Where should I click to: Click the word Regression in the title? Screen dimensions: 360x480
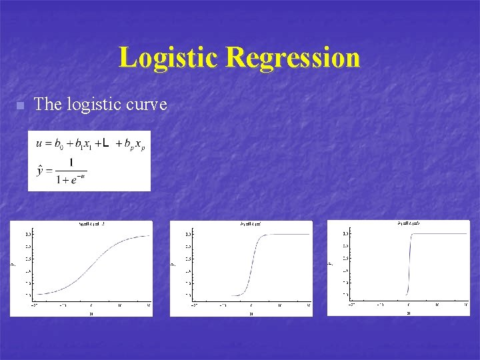pos(293,57)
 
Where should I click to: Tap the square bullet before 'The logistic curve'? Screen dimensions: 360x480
pos(20,105)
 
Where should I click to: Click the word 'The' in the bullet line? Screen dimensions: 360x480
pos(47,104)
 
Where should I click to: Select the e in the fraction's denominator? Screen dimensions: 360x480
pos(73,178)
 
